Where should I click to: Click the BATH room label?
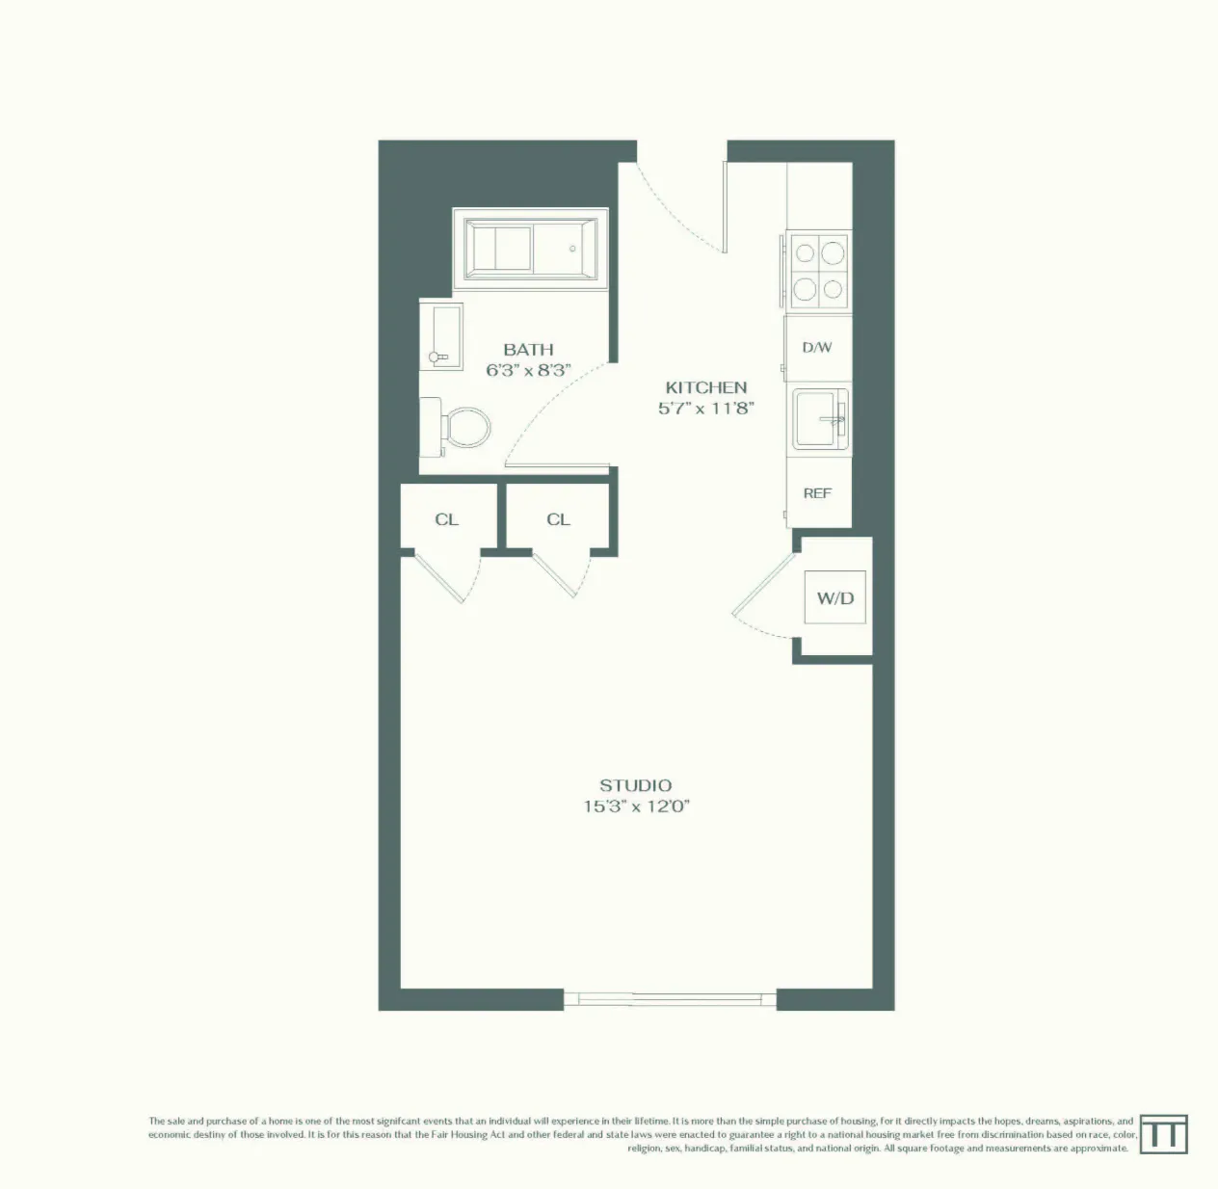(528, 349)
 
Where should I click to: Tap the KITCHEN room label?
(705, 387)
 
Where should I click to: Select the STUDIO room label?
(635, 785)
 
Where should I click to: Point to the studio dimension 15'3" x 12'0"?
(635, 806)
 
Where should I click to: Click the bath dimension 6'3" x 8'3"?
(528, 370)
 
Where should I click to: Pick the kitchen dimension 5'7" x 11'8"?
(705, 408)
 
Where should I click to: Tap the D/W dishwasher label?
(816, 347)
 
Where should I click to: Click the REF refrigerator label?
(816, 493)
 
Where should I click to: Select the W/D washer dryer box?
(834, 597)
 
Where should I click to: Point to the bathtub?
(531, 249)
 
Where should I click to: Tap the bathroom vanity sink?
(441, 335)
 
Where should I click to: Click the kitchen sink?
(819, 419)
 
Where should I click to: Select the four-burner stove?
(818, 271)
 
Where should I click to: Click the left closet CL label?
(446, 519)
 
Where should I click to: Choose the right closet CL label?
(558, 519)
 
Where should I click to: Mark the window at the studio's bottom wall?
(670, 999)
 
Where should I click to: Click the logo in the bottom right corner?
(1163, 1134)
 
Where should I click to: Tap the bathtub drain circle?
(572, 249)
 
